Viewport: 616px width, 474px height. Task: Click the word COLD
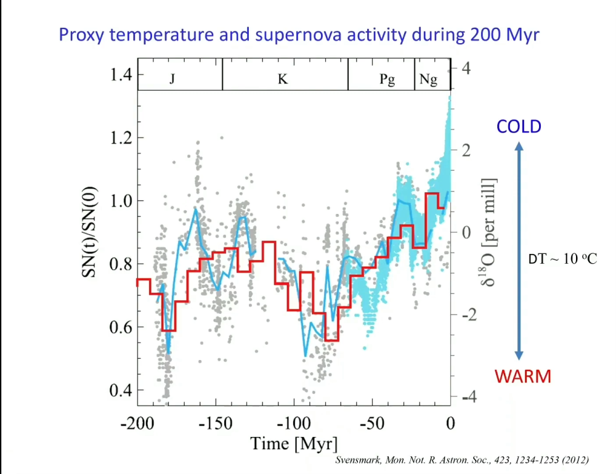point(519,126)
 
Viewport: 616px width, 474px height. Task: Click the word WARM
point(522,377)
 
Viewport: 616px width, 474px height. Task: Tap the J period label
point(172,79)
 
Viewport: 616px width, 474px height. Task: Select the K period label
point(283,79)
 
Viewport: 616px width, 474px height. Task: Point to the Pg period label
point(387,80)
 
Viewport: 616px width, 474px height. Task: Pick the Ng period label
point(428,80)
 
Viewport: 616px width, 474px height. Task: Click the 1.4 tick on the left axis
point(121,75)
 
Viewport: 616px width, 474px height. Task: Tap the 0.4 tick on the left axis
point(121,390)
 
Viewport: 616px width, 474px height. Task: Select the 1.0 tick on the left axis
point(121,201)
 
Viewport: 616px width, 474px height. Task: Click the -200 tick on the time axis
point(137,423)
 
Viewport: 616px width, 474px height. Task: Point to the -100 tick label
point(293,423)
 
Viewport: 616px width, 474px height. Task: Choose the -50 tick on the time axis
point(372,423)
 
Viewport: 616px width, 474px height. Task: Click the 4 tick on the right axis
point(466,68)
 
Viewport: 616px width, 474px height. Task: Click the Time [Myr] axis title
point(294,444)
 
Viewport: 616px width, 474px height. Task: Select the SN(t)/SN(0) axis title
point(89,232)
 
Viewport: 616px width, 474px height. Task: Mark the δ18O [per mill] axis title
point(489,232)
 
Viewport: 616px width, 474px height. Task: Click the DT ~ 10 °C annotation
point(562,259)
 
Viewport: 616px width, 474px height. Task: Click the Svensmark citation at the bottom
point(461,460)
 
